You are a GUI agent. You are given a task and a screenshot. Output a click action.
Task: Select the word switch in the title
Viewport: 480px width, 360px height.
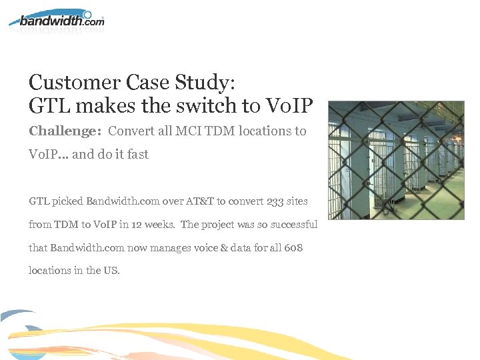point(189,105)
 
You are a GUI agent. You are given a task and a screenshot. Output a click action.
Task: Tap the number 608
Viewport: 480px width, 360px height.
point(293,247)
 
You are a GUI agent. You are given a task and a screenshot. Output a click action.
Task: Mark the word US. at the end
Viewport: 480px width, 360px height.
point(111,271)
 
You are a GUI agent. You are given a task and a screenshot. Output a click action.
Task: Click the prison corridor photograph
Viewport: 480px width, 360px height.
point(397,161)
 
